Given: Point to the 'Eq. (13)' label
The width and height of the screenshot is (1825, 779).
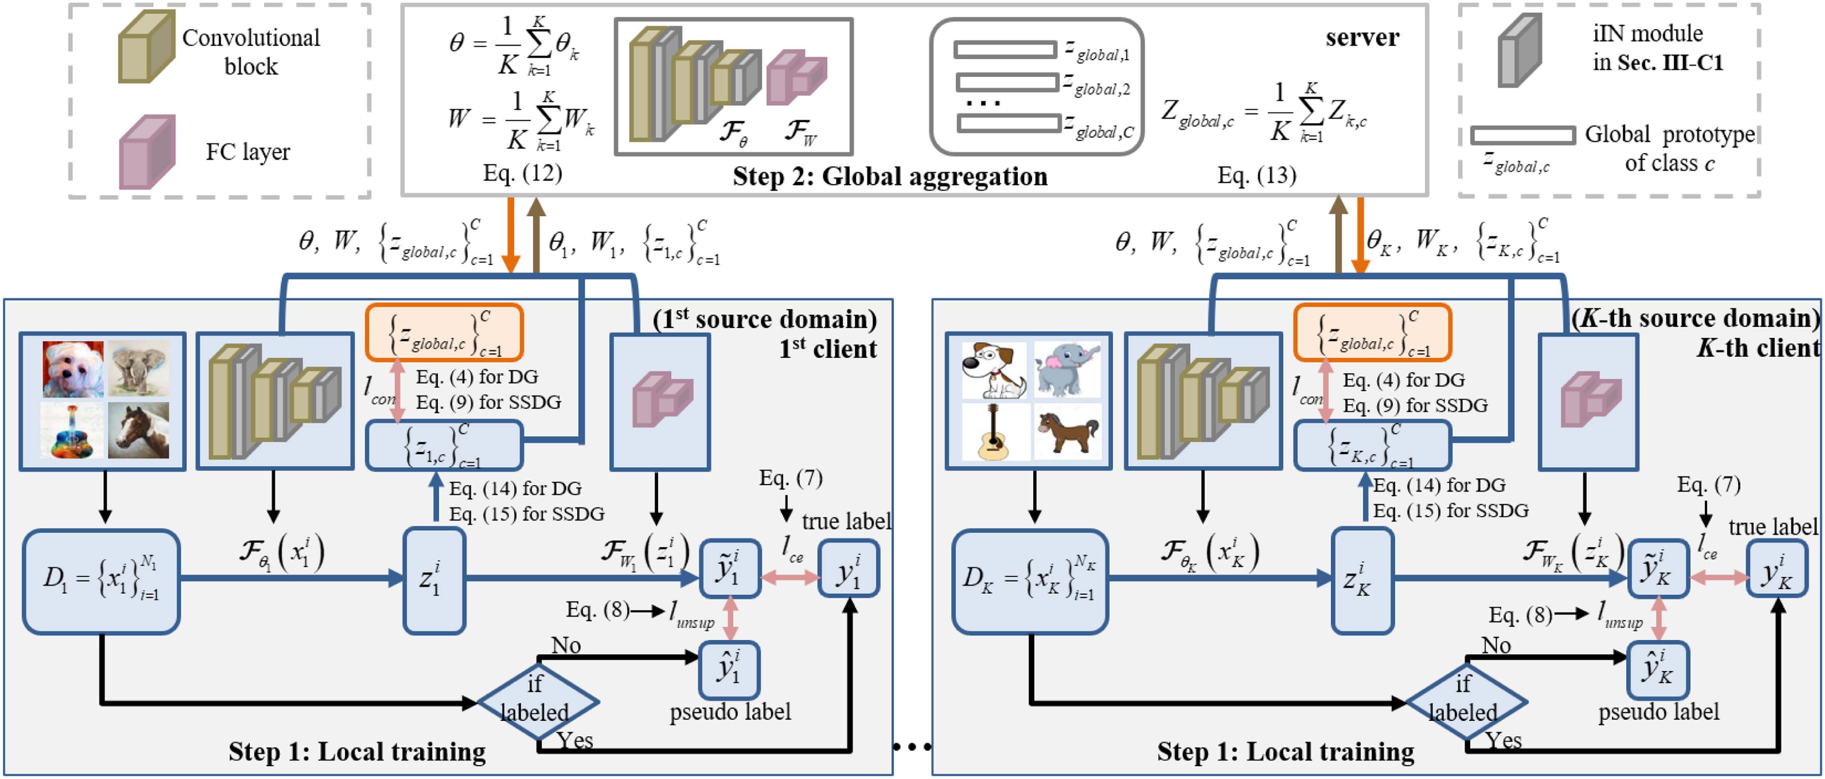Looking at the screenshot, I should coord(1256,175).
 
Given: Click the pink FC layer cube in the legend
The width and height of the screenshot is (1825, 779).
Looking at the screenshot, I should coord(146,152).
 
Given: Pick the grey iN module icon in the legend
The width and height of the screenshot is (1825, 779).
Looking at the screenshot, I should coord(1519,51).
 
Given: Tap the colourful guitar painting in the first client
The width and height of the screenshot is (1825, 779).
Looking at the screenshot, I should coord(72,430).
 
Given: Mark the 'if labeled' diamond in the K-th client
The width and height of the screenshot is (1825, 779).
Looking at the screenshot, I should coord(1465,702).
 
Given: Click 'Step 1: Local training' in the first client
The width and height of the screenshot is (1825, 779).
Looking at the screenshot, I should coord(357,751).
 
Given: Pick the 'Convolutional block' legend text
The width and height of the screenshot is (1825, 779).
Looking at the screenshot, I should coord(251,52).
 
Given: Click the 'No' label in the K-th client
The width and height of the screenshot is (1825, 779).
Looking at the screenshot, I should coord(1496,645).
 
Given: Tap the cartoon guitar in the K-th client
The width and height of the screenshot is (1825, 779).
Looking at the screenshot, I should coord(993,430).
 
